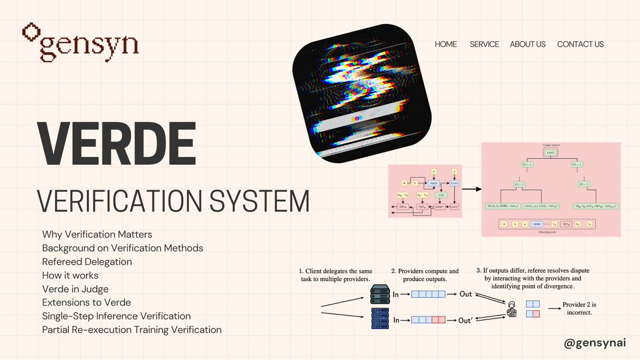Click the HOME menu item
446,44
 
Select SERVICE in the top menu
484,44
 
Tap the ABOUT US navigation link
527,44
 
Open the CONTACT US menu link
580,44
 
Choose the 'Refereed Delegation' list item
87,262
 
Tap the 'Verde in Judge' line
75,289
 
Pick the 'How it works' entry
70,275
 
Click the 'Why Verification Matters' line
97,235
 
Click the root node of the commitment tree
551,153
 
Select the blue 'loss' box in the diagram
454,182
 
